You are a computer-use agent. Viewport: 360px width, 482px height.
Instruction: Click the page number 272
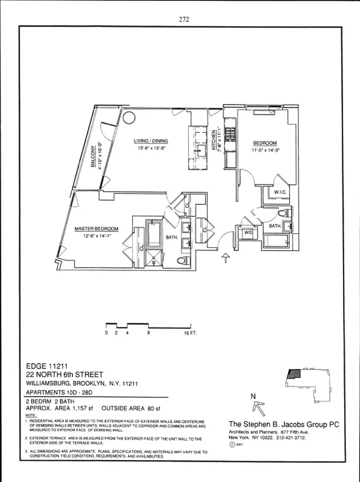(184, 19)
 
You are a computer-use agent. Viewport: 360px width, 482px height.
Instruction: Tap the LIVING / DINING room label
(151, 141)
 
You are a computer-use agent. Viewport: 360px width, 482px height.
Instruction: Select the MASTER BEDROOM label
(96, 229)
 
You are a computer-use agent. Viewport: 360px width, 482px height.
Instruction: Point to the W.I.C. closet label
(280, 193)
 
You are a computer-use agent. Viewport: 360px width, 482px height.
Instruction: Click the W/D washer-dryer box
(249, 233)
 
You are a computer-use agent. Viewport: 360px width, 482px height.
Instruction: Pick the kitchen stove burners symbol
(231, 135)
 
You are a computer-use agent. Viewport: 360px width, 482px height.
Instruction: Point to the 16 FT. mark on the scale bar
(191, 334)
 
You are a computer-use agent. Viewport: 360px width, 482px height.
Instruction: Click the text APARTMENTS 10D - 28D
(60, 392)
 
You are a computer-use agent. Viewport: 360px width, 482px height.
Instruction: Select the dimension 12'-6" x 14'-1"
(96, 236)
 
